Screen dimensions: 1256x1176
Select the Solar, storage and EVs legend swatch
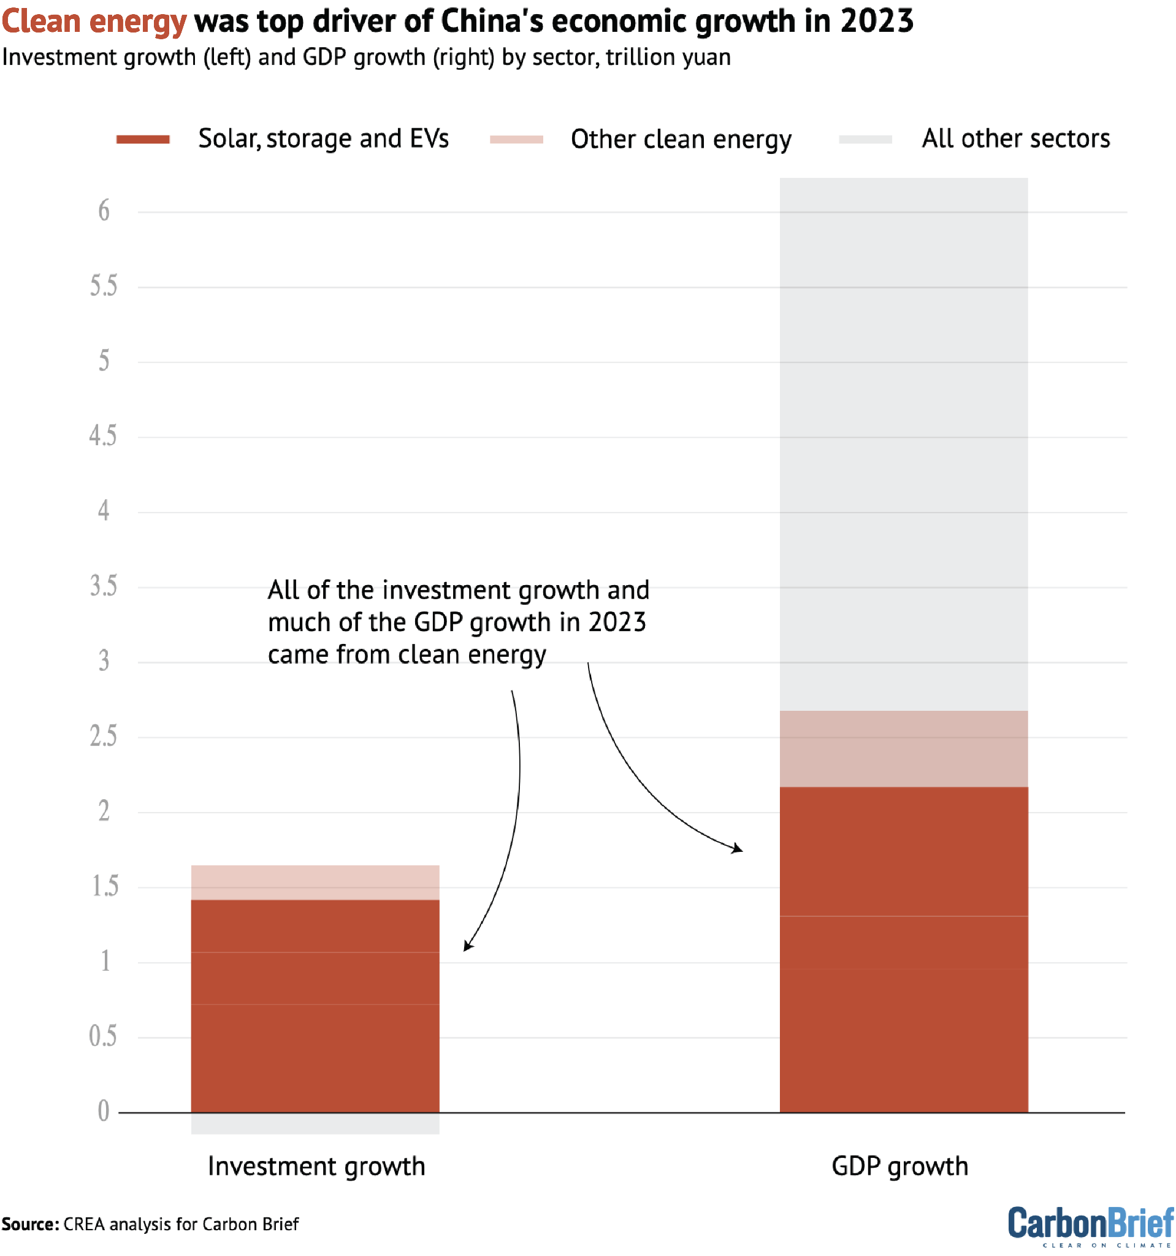[143, 140]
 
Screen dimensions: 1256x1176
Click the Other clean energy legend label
[681, 140]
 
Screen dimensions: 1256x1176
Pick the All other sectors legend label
[1015, 139]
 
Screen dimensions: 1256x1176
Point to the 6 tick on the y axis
[104, 211]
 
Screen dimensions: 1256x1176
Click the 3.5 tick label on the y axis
[104, 586]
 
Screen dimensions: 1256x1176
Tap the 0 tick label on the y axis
[104, 1111]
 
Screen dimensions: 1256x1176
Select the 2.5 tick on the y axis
[104, 737]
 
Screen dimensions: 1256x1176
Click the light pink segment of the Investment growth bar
[315, 883]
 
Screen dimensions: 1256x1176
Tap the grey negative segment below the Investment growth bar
[315, 1124]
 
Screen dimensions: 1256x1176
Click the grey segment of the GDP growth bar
[904, 442]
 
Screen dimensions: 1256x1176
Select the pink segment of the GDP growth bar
[904, 749]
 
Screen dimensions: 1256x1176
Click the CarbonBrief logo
[1091, 1225]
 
